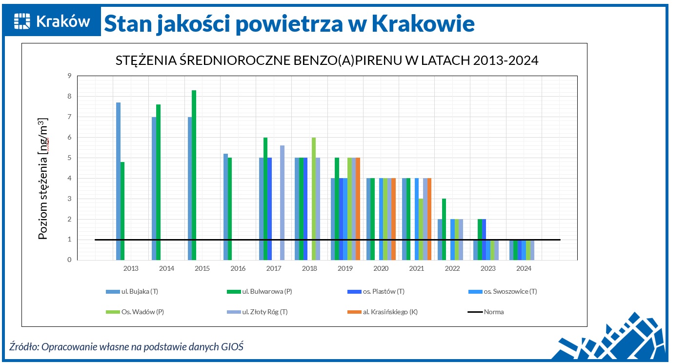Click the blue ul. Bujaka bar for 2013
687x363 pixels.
tap(118, 181)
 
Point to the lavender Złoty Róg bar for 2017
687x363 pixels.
tap(282, 202)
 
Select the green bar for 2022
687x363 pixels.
tap(444, 229)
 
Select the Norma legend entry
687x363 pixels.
tap(493, 312)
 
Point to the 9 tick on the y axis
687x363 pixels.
tap(69, 76)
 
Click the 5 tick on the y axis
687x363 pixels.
tap(69, 158)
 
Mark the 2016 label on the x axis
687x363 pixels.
tap(238, 269)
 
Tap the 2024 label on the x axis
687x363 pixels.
tap(524, 269)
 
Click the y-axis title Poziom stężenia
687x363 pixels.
tap(43, 179)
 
